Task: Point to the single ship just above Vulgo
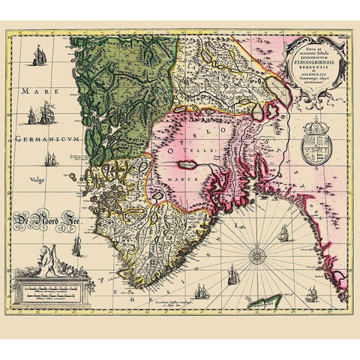point(52,160)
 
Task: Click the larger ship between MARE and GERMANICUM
point(44,114)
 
